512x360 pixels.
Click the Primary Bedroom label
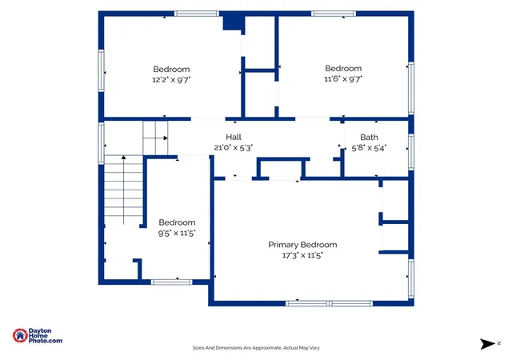pyautogui.click(x=302, y=245)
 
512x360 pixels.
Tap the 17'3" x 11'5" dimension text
pyautogui.click(x=302, y=255)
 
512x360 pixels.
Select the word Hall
pyautogui.click(x=234, y=137)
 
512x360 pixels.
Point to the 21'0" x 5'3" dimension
pyautogui.click(x=234, y=148)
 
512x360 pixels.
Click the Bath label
pyautogui.click(x=369, y=138)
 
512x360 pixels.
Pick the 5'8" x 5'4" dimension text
pyautogui.click(x=369, y=148)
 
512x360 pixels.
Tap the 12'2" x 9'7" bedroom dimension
pyautogui.click(x=171, y=80)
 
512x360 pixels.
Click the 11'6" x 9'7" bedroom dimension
pyautogui.click(x=343, y=78)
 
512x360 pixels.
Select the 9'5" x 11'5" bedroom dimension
pyautogui.click(x=177, y=233)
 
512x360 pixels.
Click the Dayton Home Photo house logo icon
pyautogui.click(x=20, y=335)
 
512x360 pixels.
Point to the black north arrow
pyautogui.click(x=487, y=344)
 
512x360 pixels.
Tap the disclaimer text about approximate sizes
pyautogui.click(x=256, y=348)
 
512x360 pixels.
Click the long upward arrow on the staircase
pyautogui.click(x=123, y=190)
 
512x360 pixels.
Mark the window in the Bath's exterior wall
pyautogui.click(x=411, y=152)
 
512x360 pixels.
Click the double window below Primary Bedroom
pyautogui.click(x=329, y=303)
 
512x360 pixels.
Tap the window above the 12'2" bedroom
pyautogui.click(x=196, y=14)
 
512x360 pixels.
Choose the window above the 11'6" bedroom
pyautogui.click(x=334, y=14)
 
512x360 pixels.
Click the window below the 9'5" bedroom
pyautogui.click(x=171, y=282)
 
